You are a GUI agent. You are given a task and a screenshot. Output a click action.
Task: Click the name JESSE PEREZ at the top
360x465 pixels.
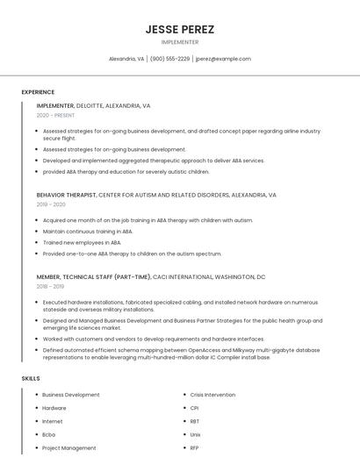(x=180, y=29)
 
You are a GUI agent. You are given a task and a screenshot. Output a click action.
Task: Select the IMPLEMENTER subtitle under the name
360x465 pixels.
(x=180, y=42)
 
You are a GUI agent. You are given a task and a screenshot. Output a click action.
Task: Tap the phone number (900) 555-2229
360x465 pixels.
(x=169, y=59)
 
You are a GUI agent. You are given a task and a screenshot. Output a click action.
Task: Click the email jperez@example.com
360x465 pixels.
(x=223, y=59)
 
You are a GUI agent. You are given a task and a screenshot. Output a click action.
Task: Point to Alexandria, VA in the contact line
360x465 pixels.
(x=126, y=59)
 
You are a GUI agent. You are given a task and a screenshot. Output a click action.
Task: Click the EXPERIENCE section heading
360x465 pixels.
(x=38, y=92)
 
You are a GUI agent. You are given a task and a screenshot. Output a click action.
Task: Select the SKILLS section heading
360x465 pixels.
(x=31, y=378)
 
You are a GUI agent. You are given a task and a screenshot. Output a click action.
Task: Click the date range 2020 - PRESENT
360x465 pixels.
(x=55, y=115)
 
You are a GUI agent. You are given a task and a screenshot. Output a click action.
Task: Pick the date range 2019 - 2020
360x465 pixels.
(x=51, y=204)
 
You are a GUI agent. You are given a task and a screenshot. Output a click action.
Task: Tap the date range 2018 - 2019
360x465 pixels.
(x=50, y=286)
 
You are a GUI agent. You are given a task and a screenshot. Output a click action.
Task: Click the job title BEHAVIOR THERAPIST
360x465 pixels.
(x=66, y=195)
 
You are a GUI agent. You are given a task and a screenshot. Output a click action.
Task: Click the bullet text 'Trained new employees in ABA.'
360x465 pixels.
(x=82, y=242)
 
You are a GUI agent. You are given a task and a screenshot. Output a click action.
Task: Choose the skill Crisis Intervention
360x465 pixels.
(x=212, y=395)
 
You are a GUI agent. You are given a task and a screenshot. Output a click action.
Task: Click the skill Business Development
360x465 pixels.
(x=70, y=395)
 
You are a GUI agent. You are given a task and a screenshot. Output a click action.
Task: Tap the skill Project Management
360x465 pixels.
(x=68, y=447)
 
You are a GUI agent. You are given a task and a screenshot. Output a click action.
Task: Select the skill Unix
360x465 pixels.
(x=196, y=434)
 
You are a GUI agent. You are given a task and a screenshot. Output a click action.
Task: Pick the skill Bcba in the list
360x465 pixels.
(x=49, y=434)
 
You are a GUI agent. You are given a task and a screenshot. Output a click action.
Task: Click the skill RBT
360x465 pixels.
(x=195, y=421)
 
